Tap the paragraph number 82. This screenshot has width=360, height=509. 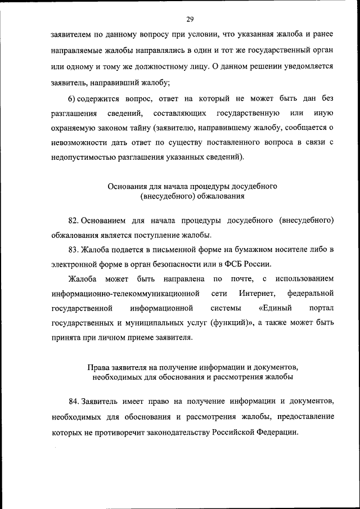tap(74, 219)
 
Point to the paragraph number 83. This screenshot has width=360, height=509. tap(74, 249)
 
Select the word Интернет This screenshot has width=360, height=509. tap(256, 293)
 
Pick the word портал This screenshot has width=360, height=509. tap(321, 308)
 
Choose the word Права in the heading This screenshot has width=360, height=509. tap(97, 367)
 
